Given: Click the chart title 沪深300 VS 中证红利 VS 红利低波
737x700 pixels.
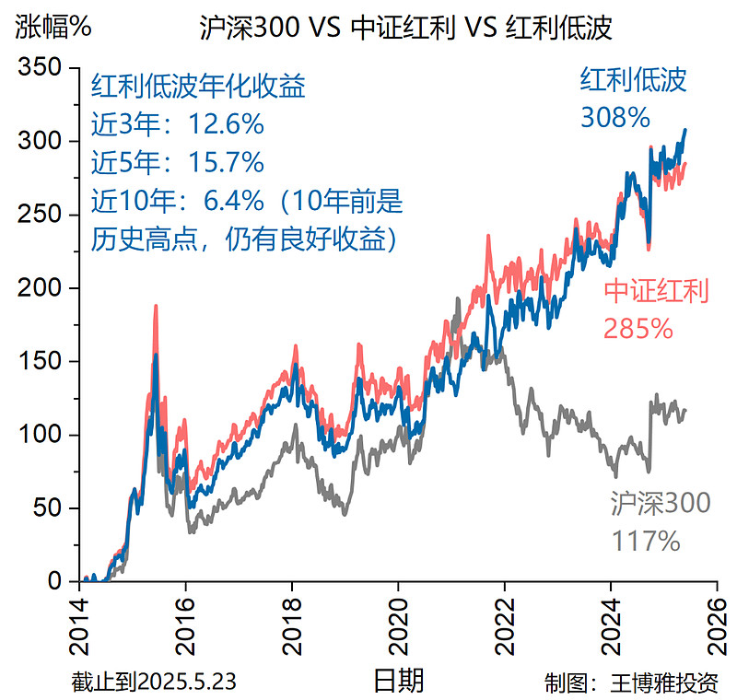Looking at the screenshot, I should tap(405, 28).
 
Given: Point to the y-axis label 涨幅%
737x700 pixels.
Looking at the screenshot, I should tap(53, 28).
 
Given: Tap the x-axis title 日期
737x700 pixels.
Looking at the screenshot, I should tap(399, 681).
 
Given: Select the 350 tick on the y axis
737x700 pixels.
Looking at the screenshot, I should tap(41, 68).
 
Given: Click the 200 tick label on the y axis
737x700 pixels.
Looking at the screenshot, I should tap(41, 288).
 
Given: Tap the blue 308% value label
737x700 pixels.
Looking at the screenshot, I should tap(615, 117).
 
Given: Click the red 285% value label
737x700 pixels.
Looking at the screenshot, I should tap(638, 328).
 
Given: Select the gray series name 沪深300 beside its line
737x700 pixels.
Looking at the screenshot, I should tap(660, 503).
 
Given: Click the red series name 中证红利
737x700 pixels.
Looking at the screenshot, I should tap(656, 291).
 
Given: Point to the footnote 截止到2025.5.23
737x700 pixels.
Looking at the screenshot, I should tap(154, 682).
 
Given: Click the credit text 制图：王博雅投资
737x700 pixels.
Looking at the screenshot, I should tap(631, 682).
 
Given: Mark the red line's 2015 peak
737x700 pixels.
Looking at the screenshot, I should tap(156, 307).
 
